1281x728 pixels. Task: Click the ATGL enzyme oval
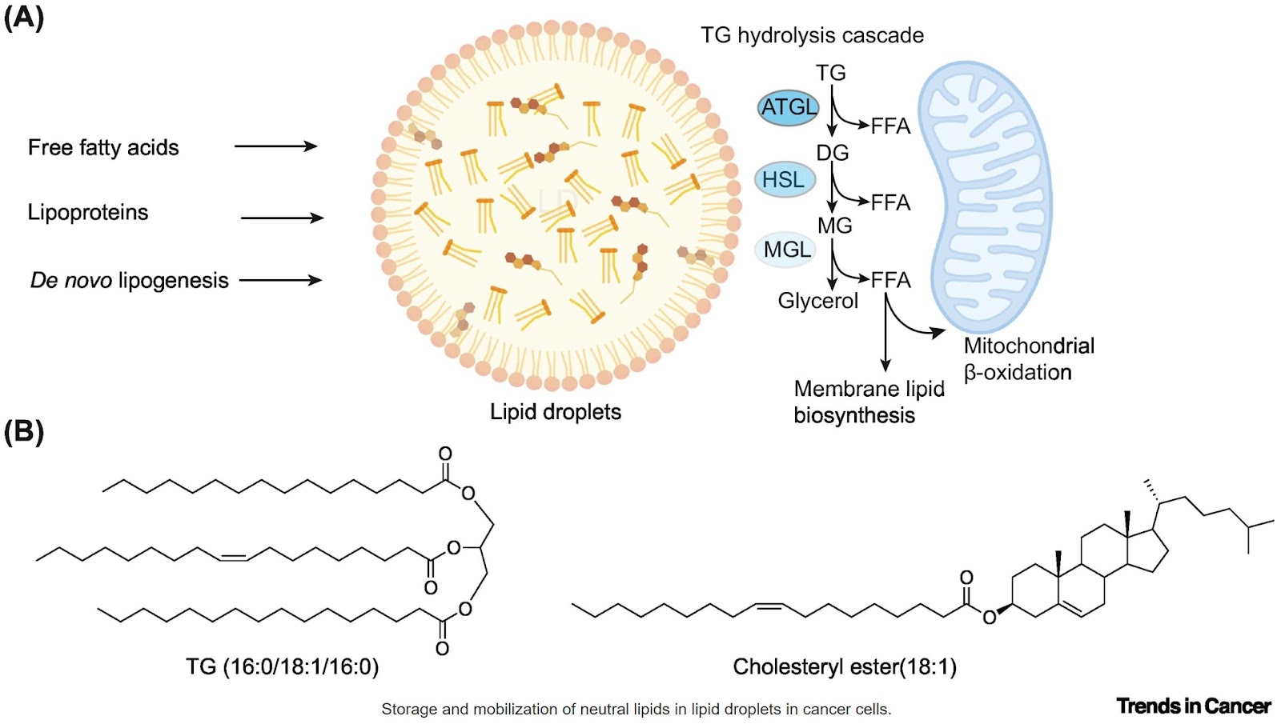(789, 108)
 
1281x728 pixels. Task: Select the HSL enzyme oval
(784, 179)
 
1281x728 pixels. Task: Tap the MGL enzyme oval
(785, 250)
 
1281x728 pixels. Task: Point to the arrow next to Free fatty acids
(275, 146)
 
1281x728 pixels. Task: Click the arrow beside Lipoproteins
(282, 218)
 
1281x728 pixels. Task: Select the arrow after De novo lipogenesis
(280, 280)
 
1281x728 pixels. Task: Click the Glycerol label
(817, 301)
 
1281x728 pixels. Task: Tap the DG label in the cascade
(833, 153)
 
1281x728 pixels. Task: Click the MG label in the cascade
(834, 226)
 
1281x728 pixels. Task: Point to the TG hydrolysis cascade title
(812, 35)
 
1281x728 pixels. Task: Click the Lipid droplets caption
(556, 412)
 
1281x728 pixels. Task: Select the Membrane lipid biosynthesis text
(868, 402)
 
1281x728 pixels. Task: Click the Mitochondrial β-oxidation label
(1028, 358)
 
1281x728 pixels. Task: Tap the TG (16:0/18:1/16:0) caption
(282, 666)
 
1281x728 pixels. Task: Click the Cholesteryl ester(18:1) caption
(845, 666)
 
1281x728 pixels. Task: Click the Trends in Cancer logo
(1193, 706)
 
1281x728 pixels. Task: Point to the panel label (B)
(23, 432)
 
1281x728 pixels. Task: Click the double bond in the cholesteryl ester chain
(769, 606)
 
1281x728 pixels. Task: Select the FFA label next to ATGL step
(890, 126)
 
